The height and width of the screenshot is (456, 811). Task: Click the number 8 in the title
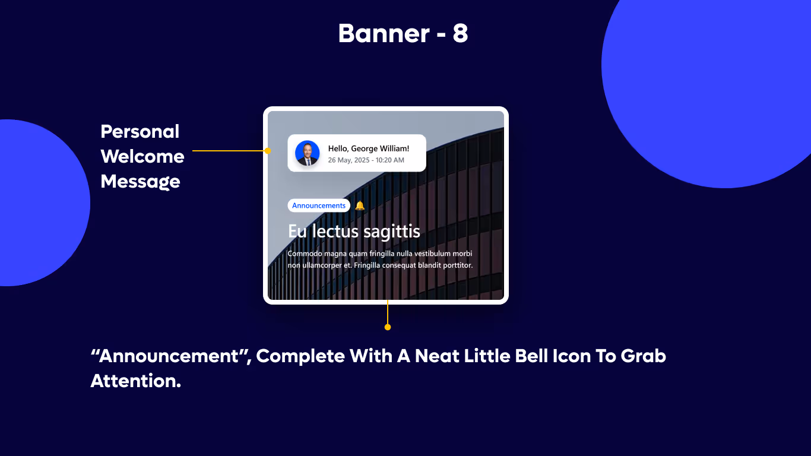[460, 34]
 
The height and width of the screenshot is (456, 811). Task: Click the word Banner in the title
[383, 34]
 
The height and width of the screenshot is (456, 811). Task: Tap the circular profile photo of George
[307, 153]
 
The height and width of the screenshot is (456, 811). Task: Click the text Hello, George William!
[368, 148]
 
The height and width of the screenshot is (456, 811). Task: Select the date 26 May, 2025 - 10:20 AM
[366, 160]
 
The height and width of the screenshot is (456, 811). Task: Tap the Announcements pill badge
[319, 205]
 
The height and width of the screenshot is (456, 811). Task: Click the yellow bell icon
[360, 205]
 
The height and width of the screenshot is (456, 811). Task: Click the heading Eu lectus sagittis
[354, 231]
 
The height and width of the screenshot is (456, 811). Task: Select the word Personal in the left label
[140, 131]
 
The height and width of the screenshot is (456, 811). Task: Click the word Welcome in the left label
[142, 157]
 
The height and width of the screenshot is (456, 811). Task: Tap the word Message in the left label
[140, 181]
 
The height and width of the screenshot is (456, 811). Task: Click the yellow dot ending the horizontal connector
[267, 151]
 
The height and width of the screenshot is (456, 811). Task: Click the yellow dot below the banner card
[388, 327]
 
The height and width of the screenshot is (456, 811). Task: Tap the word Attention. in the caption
[135, 381]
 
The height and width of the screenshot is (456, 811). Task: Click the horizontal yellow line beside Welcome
[229, 151]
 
